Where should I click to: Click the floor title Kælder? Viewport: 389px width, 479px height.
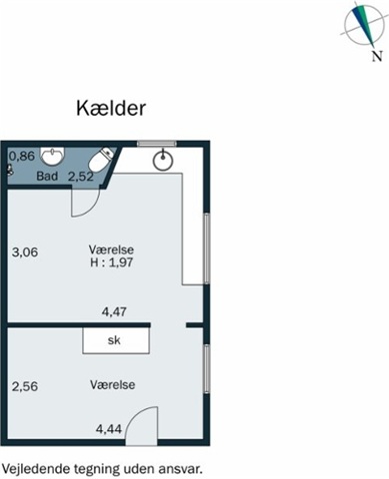pyautogui.click(x=111, y=108)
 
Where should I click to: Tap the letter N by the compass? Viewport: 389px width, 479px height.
pyautogui.click(x=377, y=56)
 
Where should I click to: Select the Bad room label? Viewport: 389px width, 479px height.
pyautogui.click(x=47, y=176)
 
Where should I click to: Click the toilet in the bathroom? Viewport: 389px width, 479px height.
pyautogui.click(x=101, y=159)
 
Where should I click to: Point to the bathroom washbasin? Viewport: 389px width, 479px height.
pyautogui.click(x=52, y=156)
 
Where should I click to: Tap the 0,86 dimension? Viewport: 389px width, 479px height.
pyautogui.click(x=22, y=156)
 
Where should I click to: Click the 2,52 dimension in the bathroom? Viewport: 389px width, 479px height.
pyautogui.click(x=81, y=177)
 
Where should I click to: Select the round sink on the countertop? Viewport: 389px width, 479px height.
pyautogui.click(x=163, y=161)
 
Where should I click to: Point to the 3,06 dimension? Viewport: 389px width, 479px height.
pyautogui.click(x=25, y=251)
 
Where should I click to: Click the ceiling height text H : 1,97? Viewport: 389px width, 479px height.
pyautogui.click(x=112, y=262)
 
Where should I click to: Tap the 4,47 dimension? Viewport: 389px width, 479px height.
pyautogui.click(x=114, y=311)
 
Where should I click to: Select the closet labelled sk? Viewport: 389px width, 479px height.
pyautogui.click(x=116, y=340)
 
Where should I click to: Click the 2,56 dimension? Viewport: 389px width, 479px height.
pyautogui.click(x=25, y=386)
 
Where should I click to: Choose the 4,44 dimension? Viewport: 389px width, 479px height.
pyautogui.click(x=109, y=429)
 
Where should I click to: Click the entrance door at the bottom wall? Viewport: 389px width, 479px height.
pyautogui.click(x=141, y=426)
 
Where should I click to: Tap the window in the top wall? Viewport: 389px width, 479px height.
pyautogui.click(x=157, y=144)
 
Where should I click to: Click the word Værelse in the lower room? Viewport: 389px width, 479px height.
pyautogui.click(x=112, y=385)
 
